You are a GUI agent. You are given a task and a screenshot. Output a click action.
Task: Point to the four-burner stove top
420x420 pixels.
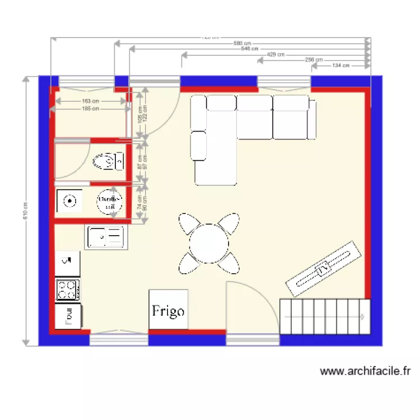(x=67, y=290)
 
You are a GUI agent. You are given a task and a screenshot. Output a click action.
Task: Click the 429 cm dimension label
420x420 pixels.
(x=276, y=54)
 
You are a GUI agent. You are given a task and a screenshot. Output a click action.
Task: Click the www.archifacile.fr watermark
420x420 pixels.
(x=365, y=371)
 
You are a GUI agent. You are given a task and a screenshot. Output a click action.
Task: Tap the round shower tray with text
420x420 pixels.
(x=110, y=202)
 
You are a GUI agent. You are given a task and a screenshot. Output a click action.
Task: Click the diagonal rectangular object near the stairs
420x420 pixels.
(x=321, y=269)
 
